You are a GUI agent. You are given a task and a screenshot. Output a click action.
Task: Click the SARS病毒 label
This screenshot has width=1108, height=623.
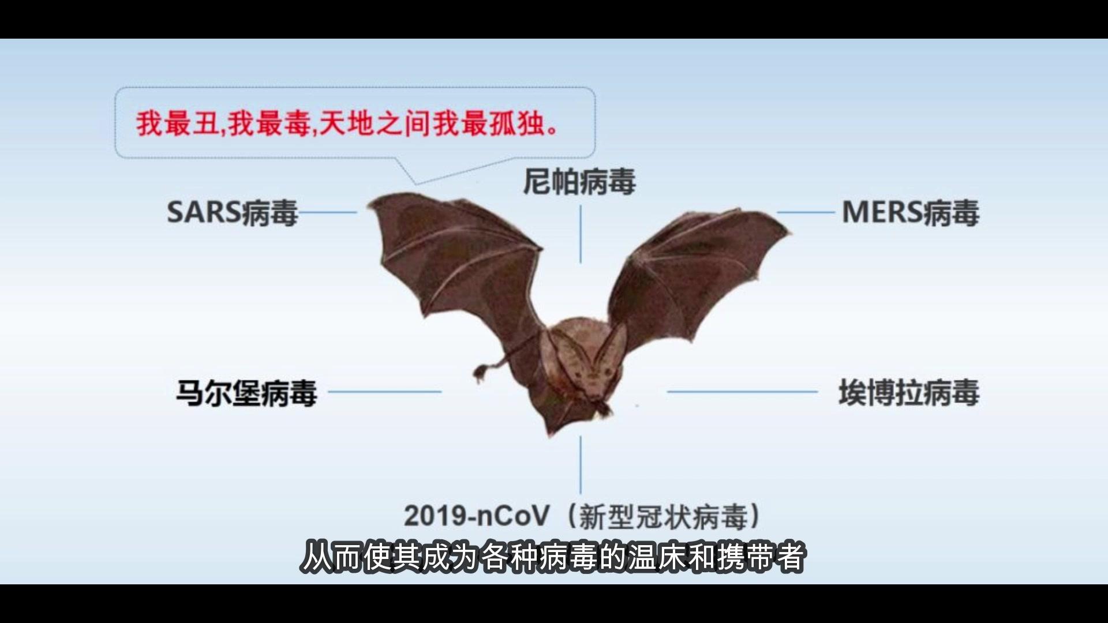point(232,213)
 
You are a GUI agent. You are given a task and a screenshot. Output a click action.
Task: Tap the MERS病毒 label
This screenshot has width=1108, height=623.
point(911,213)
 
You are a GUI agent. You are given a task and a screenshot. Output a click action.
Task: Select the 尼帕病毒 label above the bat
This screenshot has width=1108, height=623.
point(579,182)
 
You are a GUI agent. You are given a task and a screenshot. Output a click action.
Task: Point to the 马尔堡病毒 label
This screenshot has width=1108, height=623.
point(246,393)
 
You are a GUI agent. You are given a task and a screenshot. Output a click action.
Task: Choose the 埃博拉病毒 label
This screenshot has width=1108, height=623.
point(908,393)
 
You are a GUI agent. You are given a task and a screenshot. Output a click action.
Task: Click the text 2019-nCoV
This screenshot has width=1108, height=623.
point(476,516)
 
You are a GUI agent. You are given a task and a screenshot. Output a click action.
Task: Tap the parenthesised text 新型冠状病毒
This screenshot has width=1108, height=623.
point(664,517)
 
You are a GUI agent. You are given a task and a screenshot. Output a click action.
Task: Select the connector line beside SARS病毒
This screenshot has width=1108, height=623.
point(328,212)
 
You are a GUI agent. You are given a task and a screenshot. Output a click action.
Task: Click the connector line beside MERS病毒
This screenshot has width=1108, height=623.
point(806,212)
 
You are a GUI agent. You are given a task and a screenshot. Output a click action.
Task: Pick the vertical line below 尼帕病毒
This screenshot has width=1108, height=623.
point(581,234)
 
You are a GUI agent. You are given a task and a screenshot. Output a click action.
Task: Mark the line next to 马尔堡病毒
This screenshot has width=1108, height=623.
point(384,392)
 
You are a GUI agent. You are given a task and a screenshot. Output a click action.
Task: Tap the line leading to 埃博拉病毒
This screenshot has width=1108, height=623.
point(742,392)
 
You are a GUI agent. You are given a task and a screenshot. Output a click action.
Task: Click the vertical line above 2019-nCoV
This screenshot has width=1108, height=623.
point(581,464)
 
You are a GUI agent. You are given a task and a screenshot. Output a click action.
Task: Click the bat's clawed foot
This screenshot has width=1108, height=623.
point(480,373)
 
